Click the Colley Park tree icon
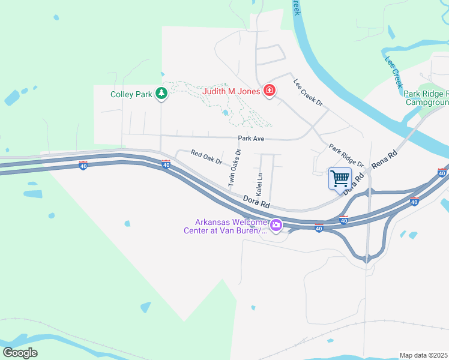click(x=161, y=93)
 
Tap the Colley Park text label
click(x=131, y=94)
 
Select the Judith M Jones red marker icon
click(x=270, y=91)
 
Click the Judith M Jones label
click(x=231, y=92)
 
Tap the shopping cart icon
click(x=340, y=178)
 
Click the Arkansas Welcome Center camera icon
click(x=276, y=226)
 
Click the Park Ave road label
click(x=251, y=139)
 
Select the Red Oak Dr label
click(x=206, y=158)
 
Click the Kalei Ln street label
click(x=260, y=185)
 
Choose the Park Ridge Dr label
click(x=346, y=155)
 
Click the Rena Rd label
click(x=384, y=158)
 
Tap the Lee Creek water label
click(x=393, y=73)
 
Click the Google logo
click(x=20, y=352)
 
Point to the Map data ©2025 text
click(x=424, y=355)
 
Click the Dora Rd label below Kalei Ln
click(x=256, y=201)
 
